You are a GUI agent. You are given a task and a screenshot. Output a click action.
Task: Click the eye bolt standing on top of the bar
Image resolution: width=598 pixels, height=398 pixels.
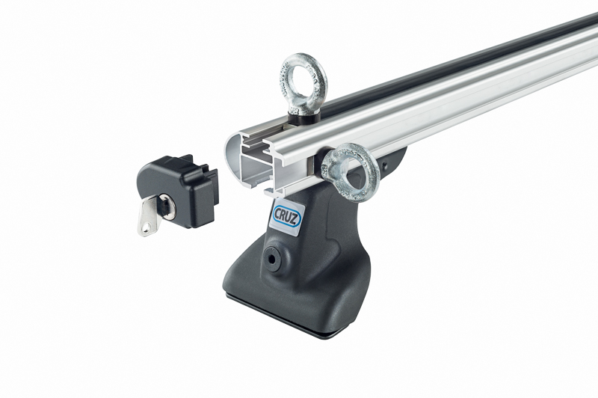click(x=303, y=86)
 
